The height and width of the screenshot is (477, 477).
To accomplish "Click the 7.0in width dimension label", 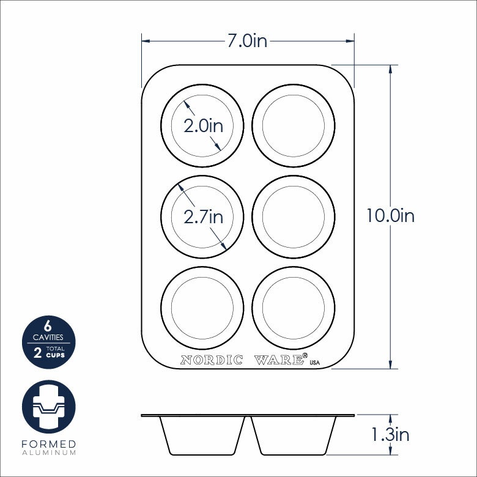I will pos(247,42).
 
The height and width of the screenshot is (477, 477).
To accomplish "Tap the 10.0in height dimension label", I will pos(390,216).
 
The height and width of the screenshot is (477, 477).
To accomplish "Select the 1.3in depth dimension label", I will pos(390,435).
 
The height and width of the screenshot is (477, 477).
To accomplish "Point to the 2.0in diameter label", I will pos(204,126).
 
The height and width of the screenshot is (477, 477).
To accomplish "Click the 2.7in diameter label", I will pos(204,216).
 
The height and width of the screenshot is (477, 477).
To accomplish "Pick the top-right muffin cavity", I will pos(294,125).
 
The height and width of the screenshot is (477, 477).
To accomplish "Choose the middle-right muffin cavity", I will pos(294,216).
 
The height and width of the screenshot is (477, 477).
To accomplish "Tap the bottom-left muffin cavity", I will pos(202,307).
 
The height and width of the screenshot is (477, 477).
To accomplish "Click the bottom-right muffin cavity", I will pos(294,307).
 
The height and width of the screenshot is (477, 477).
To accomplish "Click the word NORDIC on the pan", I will pos(212,360).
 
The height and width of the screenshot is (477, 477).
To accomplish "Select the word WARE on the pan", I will pos(278,360).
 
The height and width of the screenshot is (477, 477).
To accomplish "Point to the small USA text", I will pos(315,363).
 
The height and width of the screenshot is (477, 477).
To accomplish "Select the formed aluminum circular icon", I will pos(48,407).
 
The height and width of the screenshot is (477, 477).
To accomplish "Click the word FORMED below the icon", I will pos(48,444).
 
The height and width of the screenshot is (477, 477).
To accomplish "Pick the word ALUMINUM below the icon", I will pos(48,453).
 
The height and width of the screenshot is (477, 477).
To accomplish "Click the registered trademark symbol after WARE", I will pos(305,355).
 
